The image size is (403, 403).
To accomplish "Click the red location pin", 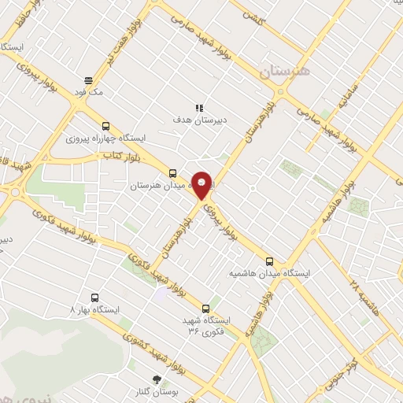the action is (x=202, y=185).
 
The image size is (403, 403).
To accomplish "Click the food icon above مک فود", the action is (x=88, y=79).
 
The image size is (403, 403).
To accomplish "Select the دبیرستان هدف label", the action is (x=200, y=120).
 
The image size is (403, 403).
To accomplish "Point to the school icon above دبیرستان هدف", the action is (x=198, y=107).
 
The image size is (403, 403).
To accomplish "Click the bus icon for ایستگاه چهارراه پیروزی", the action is (x=105, y=125).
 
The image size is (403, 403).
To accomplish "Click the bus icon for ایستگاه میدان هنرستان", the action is (x=172, y=173).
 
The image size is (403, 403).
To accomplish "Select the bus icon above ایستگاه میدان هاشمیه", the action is (x=270, y=261).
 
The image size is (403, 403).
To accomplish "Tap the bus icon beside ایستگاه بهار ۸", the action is (x=95, y=298).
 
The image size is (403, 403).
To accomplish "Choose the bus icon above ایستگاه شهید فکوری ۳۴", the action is (x=206, y=308).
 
